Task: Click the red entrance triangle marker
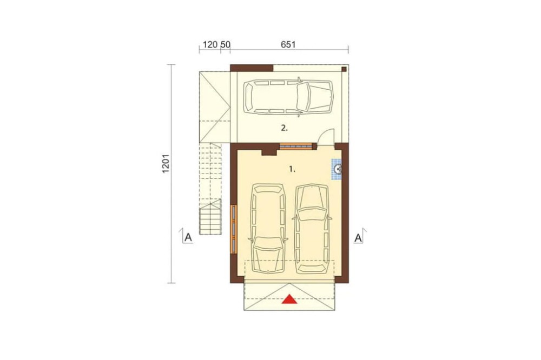(x=289, y=299)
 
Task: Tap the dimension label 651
(x=288, y=44)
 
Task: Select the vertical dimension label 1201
(x=166, y=163)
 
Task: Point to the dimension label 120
(x=210, y=44)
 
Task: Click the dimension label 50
(x=225, y=44)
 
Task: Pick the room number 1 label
(x=292, y=169)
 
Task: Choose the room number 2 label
(x=285, y=128)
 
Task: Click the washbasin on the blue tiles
(x=338, y=169)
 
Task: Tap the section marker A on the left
(x=188, y=237)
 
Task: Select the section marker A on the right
(x=358, y=238)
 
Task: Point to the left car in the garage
(x=268, y=228)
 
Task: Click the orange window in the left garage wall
(x=234, y=228)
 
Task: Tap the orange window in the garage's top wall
(x=296, y=146)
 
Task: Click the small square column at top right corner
(x=344, y=69)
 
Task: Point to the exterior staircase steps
(x=210, y=217)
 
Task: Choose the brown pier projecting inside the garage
(x=269, y=151)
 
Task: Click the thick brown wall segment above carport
(x=252, y=68)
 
